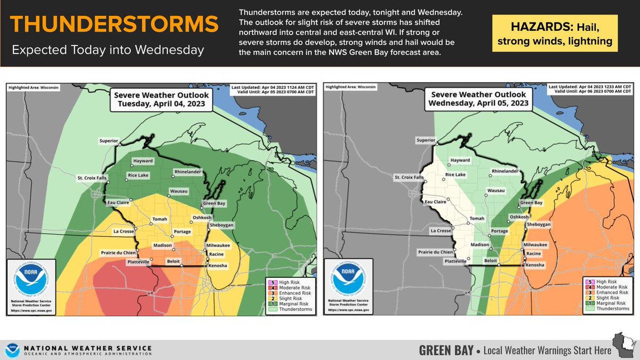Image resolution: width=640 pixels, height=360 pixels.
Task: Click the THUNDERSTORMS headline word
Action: pyautogui.click(x=114, y=25)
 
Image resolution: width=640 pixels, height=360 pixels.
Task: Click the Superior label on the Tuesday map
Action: pyautogui.click(x=107, y=141)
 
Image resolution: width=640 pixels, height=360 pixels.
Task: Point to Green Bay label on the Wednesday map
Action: pyautogui.click(x=531, y=203)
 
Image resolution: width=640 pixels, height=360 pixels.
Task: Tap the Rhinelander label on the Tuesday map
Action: pyautogui.click(x=187, y=172)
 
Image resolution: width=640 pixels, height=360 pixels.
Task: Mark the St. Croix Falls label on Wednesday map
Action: pyautogui.click(x=409, y=177)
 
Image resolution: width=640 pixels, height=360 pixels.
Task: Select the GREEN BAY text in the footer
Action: pyautogui.click(x=445, y=350)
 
